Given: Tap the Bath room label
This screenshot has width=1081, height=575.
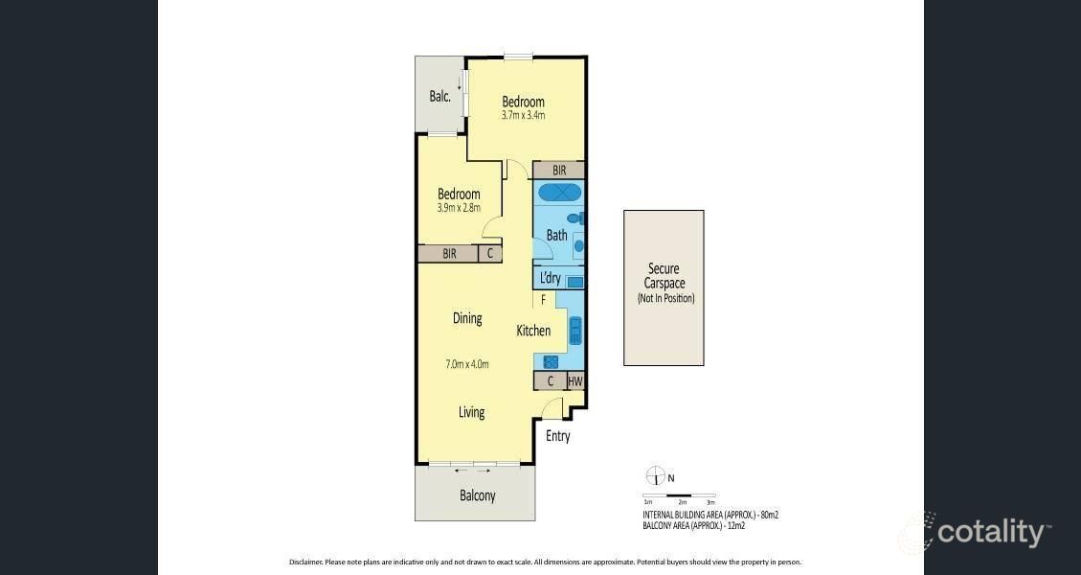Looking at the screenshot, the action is (x=556, y=235).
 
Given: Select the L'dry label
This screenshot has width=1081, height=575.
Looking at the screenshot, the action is (x=550, y=279).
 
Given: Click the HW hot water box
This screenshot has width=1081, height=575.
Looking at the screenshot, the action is (x=575, y=381).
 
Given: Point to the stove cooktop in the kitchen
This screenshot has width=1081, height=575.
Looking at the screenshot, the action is (x=551, y=361).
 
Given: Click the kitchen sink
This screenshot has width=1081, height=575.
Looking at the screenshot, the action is (x=576, y=331).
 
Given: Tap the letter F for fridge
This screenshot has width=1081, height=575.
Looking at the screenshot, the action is (x=543, y=300).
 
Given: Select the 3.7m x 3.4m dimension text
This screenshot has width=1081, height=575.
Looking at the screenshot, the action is (x=523, y=116).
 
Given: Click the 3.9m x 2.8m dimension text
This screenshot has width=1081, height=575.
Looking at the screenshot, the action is (x=459, y=208).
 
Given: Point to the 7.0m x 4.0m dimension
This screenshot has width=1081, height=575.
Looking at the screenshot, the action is (x=467, y=364).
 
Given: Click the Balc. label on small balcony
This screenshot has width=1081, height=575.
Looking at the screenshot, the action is (x=439, y=96).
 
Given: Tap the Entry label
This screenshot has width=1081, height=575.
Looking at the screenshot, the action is (x=557, y=436).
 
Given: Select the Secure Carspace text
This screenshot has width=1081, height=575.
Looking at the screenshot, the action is (x=665, y=276).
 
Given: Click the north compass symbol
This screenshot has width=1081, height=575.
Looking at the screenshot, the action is (x=655, y=476).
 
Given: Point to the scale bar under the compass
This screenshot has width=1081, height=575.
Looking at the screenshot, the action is (x=679, y=495).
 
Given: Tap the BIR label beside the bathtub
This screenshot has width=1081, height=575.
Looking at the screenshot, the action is (x=559, y=170).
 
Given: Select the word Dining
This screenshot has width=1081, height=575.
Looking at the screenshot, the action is (x=467, y=318).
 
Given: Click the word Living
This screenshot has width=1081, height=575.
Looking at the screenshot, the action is (x=471, y=412).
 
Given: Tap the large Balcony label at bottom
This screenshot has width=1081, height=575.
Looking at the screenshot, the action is (x=477, y=495).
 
